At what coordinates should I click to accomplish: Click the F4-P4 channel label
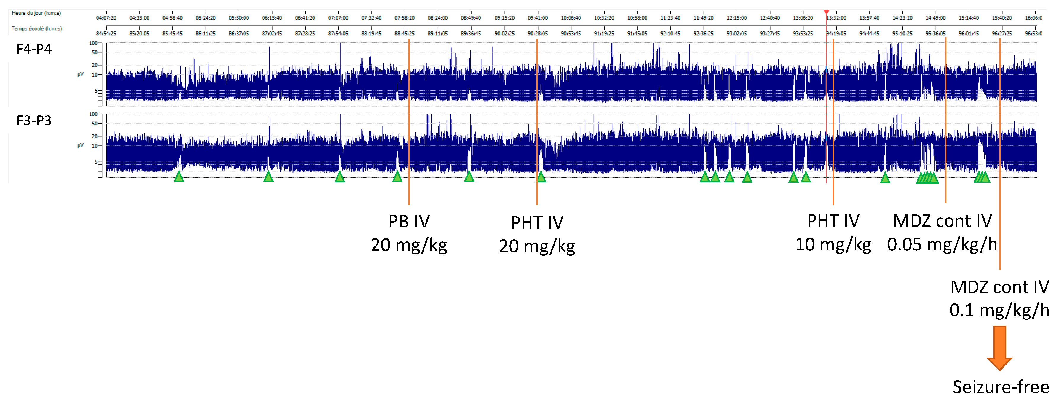[34, 49]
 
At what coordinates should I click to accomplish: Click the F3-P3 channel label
[34, 121]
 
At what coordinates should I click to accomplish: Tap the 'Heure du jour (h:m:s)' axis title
[36, 13]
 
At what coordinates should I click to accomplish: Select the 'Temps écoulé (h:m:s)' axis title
[37, 29]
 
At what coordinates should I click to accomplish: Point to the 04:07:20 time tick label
[106, 18]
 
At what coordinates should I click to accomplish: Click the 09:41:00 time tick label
[537, 18]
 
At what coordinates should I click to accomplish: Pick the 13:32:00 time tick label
[836, 18]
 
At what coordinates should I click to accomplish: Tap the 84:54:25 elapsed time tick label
[106, 34]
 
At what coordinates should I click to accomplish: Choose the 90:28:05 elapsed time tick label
[537, 34]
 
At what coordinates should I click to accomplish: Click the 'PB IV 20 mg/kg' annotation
[409, 233]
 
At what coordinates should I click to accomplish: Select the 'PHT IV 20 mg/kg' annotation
[537, 234]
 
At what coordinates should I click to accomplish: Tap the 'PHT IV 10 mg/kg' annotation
[833, 233]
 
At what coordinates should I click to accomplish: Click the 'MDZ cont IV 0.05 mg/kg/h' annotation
[942, 233]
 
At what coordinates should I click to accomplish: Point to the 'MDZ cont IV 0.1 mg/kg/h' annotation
[999, 298]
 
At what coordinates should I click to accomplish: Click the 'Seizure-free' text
[1001, 387]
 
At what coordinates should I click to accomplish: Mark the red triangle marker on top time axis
[826, 12]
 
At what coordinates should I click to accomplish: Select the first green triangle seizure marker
[179, 177]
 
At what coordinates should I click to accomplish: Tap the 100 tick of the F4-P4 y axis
[93, 43]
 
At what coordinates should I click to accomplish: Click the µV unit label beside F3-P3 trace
[80, 146]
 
